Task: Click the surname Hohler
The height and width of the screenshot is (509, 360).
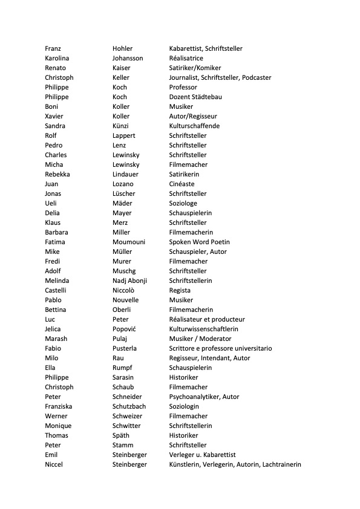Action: (x=122, y=48)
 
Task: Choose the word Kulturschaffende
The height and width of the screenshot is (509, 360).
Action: (x=194, y=126)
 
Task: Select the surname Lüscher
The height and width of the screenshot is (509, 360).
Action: (x=124, y=193)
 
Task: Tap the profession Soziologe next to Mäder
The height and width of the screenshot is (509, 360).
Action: (x=183, y=203)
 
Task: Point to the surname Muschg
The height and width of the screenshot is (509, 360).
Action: (x=125, y=271)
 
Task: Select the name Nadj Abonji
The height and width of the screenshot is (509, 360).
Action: (x=129, y=280)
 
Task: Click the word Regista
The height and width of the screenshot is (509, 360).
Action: (x=180, y=290)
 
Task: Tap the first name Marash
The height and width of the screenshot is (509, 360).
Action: (x=56, y=339)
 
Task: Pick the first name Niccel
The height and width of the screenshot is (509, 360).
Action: (x=53, y=464)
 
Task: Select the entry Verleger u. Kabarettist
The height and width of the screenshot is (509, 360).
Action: (x=202, y=455)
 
